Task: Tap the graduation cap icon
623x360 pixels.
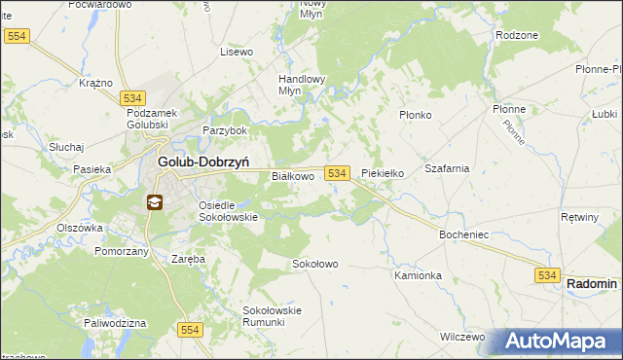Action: pyautogui.click(x=155, y=202)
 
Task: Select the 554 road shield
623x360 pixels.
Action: pyautogui.click(x=191, y=331)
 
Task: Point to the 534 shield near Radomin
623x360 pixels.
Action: pyautogui.click(x=546, y=277)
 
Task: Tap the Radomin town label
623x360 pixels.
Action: pyautogui.click(x=592, y=283)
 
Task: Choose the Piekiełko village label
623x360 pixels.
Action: pyautogui.click(x=383, y=173)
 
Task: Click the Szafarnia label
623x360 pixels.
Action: pyautogui.click(x=447, y=167)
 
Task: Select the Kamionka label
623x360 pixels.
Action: pyautogui.click(x=419, y=275)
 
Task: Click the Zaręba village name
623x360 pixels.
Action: pyautogui.click(x=188, y=260)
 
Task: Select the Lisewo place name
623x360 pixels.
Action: pyautogui.click(x=237, y=51)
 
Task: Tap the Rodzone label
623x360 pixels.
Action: pyautogui.click(x=517, y=35)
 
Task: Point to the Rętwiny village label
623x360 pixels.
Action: pyautogui.click(x=580, y=216)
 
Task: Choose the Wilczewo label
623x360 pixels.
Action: pyautogui.click(x=462, y=337)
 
